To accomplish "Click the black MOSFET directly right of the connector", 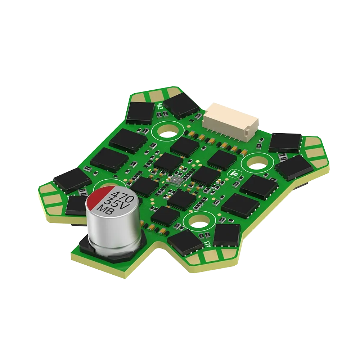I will tap(285, 141).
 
